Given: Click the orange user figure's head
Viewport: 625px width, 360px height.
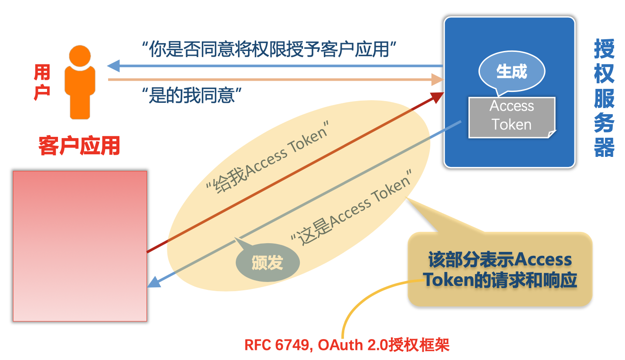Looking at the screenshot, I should [80, 56].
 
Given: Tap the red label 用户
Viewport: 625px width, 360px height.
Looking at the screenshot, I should [42, 82].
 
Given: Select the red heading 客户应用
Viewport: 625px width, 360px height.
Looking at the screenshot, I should [79, 146].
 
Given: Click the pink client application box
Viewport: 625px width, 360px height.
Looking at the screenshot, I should [80, 246].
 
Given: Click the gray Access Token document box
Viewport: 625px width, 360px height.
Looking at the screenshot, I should [512, 116].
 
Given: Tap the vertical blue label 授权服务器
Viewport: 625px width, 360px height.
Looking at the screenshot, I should [604, 98].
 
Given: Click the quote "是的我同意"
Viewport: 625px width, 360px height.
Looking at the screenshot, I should [192, 94].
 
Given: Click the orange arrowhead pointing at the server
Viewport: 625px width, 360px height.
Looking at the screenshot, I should [437, 80].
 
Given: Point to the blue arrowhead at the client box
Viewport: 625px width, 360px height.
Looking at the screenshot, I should [154, 281].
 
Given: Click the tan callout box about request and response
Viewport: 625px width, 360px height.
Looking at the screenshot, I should [500, 269].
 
